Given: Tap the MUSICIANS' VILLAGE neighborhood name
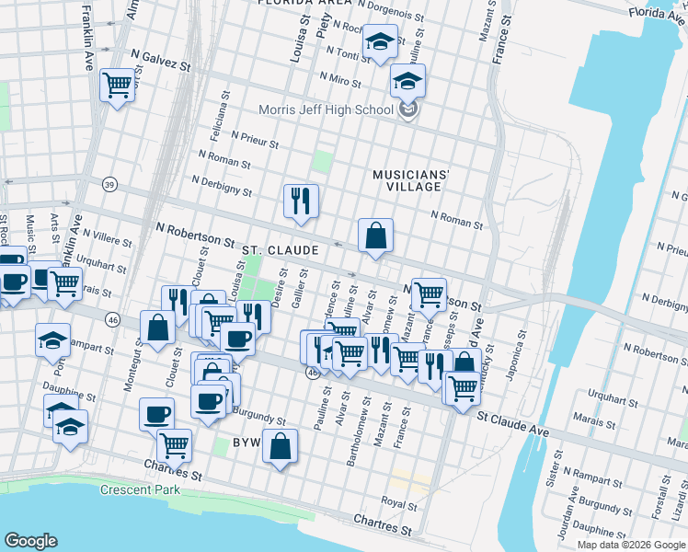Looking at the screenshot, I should point(411,180).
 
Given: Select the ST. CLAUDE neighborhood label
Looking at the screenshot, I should point(281,250).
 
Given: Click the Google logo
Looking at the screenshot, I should point(30,541).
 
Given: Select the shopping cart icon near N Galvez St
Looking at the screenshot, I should point(118,86).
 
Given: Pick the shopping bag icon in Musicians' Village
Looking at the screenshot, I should point(375,235).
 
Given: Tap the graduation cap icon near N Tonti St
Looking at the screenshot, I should point(379,41).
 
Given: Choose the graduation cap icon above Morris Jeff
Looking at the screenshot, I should point(407,81).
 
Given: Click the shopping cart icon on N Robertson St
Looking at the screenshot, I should point(429,294).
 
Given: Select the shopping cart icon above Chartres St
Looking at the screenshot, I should point(174,445).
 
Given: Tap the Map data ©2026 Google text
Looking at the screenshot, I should point(630,544).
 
